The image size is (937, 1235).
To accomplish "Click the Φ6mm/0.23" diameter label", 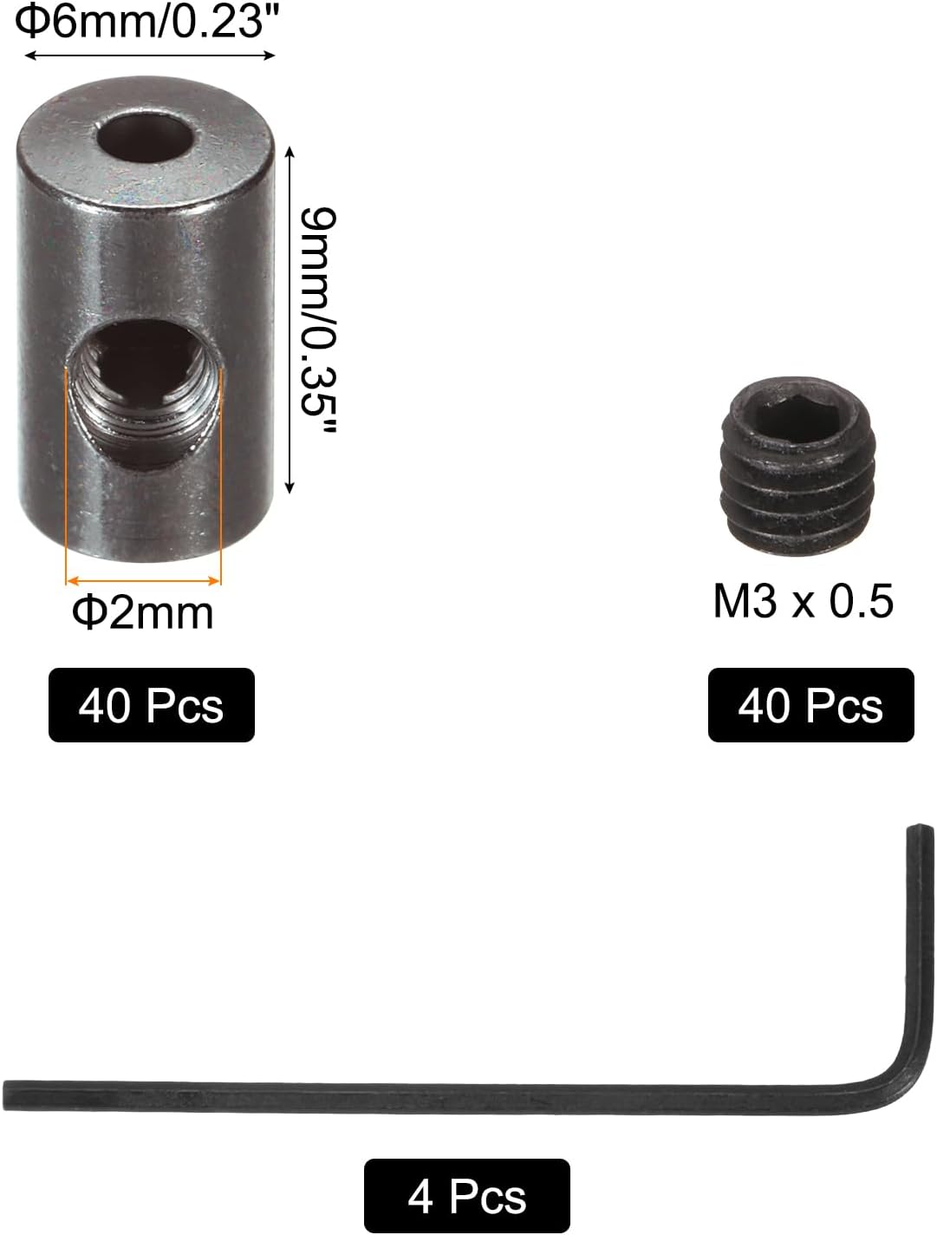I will (139, 22).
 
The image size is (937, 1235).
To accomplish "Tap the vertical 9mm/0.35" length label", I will (318, 320).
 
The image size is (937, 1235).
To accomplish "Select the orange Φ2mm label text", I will (143, 613).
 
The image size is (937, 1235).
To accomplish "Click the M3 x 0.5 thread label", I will (803, 601).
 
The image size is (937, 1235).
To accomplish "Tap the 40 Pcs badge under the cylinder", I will (151, 705).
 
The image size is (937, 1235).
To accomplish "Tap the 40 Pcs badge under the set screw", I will (810, 705).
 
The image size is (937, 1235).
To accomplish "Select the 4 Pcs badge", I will (466, 1197).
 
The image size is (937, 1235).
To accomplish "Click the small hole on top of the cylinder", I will (145, 138).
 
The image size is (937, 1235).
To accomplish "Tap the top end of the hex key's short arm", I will (921, 833).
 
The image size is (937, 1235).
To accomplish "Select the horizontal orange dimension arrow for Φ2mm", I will (144, 580).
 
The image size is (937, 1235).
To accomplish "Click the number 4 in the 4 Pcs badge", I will (420, 1197).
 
